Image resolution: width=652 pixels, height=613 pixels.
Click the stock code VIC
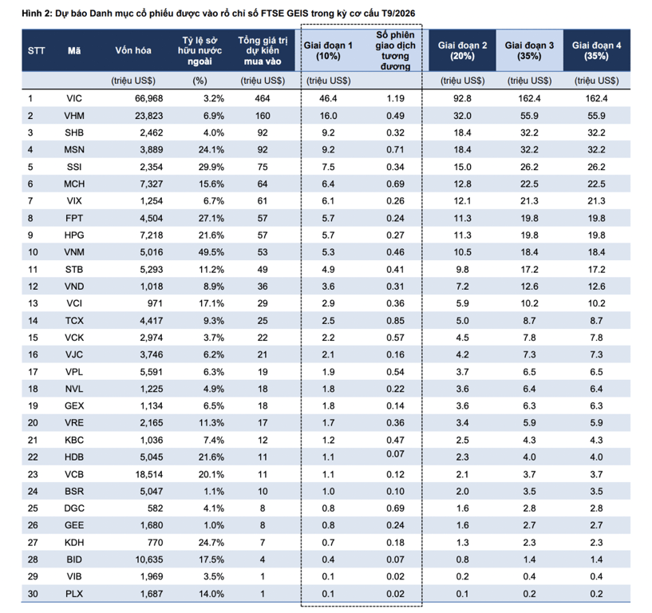pos(74,98)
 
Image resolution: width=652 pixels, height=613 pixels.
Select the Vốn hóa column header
pos(133,50)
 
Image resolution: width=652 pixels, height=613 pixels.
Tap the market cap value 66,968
pos(149,98)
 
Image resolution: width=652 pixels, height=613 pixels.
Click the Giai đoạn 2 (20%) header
pos(462,51)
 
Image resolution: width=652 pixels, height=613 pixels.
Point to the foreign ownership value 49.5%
pos(211,252)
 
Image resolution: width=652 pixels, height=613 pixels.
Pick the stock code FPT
pos(74,218)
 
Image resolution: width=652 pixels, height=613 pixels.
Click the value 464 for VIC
pos(263,98)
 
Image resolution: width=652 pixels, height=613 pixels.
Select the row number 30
pos(33,594)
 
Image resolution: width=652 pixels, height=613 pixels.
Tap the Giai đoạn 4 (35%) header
pos(596,51)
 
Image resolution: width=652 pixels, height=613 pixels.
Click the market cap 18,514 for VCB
pos(149,474)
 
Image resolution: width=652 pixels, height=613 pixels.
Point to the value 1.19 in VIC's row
pos(395,98)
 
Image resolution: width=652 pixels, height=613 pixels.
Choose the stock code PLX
pos(74,594)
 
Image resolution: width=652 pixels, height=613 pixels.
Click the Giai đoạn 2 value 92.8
pos(462,98)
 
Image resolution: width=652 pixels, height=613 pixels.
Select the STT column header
pos(36,51)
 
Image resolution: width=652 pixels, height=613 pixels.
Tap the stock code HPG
pos(74,235)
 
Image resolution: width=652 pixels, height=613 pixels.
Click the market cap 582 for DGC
pos(155,508)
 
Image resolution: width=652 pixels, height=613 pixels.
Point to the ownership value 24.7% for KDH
pos(211,542)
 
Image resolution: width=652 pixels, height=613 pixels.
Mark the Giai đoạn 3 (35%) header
pos(529,51)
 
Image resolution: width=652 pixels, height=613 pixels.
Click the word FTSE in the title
pos(273,14)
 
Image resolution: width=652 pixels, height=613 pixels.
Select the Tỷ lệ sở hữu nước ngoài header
pos(200,51)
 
